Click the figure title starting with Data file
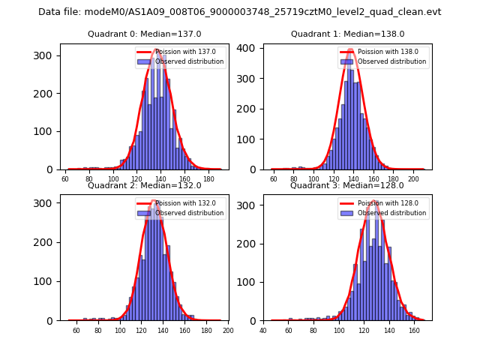click(240, 12)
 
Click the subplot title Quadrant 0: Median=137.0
click(144, 34)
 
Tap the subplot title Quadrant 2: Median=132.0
click(144, 185)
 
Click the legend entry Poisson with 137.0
click(180, 52)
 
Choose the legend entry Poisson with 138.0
click(383, 52)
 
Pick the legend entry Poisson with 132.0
click(180, 202)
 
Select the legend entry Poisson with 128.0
click(383, 202)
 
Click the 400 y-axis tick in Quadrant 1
click(248, 48)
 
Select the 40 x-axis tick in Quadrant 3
click(263, 331)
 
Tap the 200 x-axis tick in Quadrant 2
click(228, 331)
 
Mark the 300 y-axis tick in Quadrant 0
click(44, 55)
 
